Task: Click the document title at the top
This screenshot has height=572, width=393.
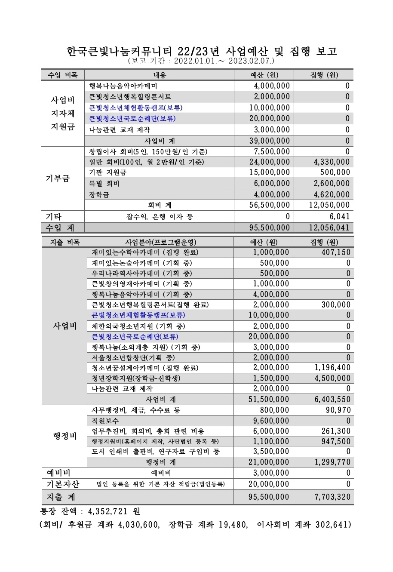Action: click(201, 52)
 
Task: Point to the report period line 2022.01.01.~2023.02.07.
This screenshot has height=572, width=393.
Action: click(201, 62)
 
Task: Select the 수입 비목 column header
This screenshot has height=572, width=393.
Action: click(63, 75)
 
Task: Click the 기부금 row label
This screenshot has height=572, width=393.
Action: click(58, 178)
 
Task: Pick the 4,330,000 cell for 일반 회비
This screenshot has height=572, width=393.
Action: click(330, 162)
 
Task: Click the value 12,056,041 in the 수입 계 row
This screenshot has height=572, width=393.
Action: click(330, 228)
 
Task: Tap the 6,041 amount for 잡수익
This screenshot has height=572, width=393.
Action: click(338, 216)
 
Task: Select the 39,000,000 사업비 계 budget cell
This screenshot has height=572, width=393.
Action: click(270, 141)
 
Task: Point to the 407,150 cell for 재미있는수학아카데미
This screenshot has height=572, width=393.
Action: click(334, 252)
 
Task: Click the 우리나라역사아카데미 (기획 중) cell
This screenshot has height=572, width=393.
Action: click(142, 273)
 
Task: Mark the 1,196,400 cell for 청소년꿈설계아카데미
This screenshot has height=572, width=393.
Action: click(332, 368)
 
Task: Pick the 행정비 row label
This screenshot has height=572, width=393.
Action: click(65, 436)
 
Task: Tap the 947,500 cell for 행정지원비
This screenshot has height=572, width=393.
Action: click(335, 441)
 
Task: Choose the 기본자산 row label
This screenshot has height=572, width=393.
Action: click(63, 484)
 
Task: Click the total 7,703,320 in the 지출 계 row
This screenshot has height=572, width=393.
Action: click(332, 497)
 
